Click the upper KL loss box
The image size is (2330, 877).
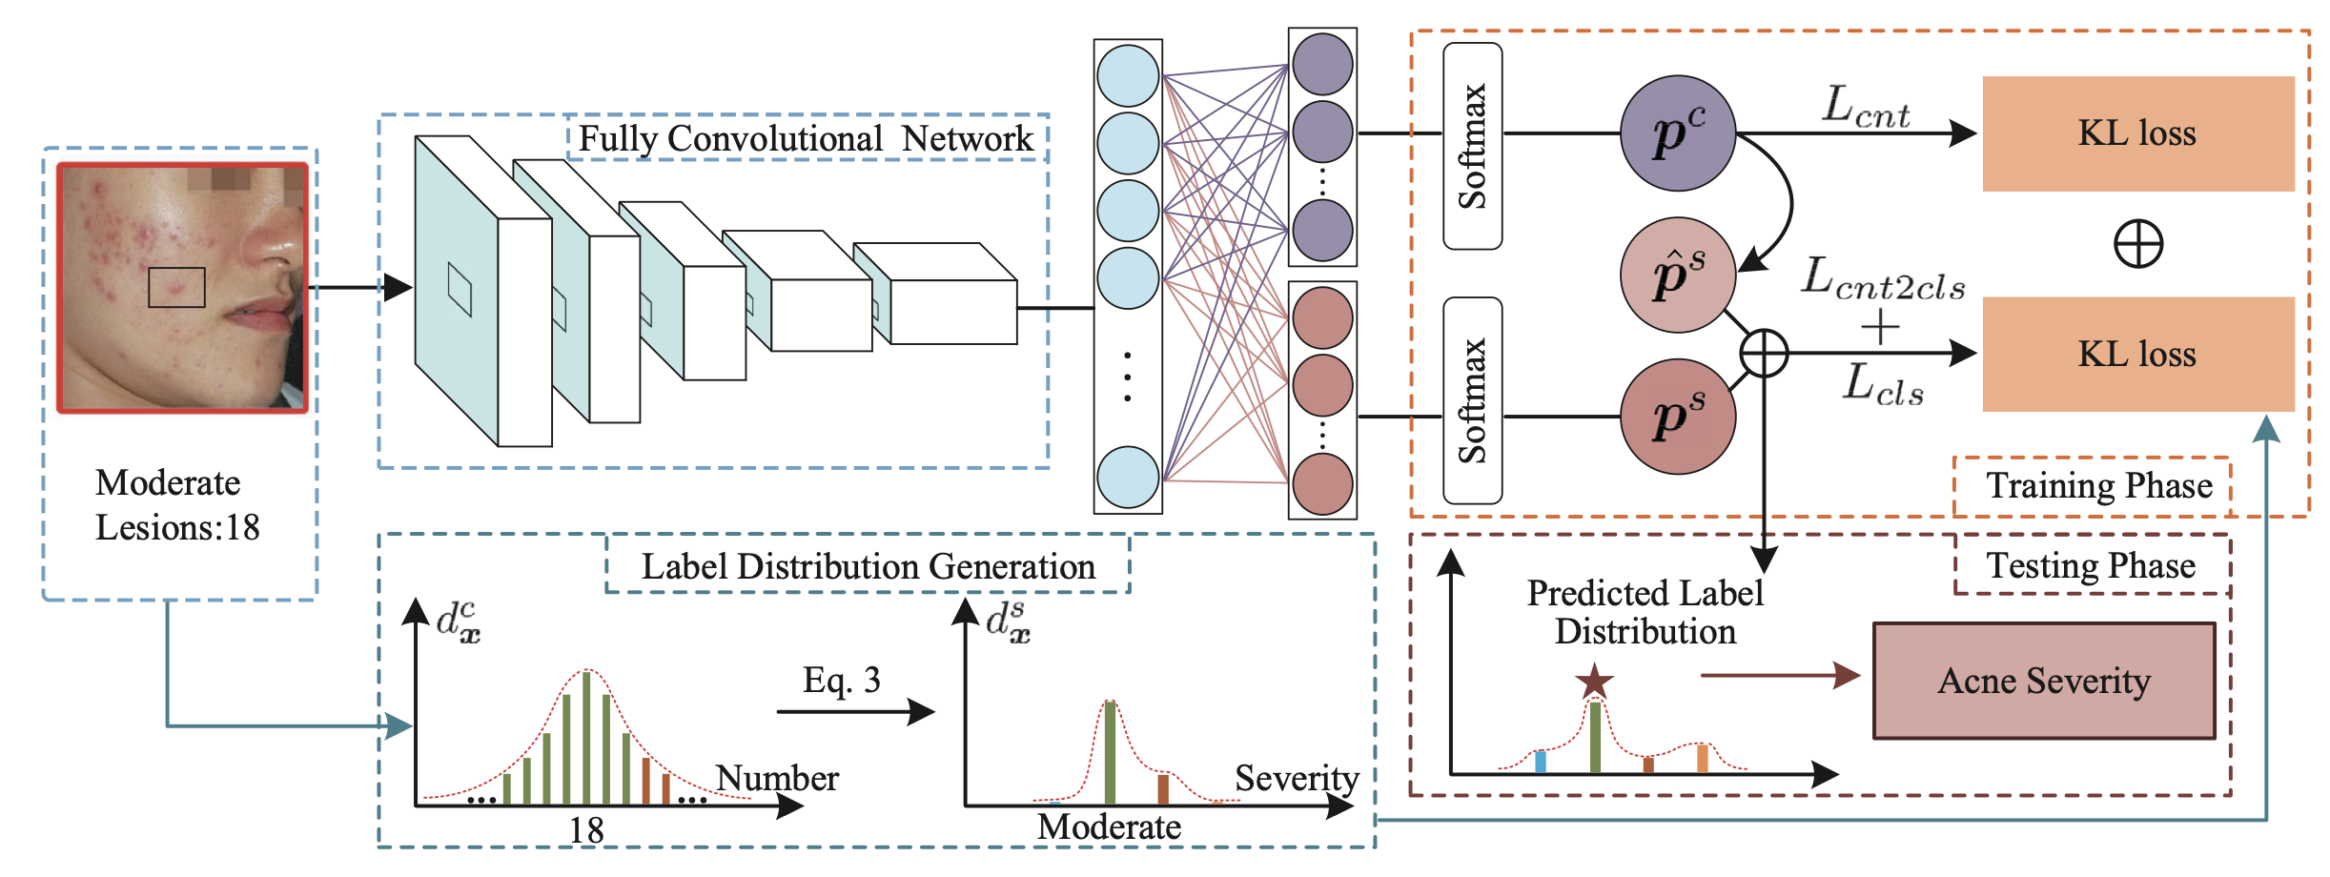tap(2137, 133)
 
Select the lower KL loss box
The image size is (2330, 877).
tap(2137, 354)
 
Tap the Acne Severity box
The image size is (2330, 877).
tap(2044, 681)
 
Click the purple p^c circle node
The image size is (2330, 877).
tap(1678, 133)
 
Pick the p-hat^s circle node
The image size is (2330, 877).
tap(1678, 275)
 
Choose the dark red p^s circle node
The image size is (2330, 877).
tap(1678, 417)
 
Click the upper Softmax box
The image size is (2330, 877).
tap(1473, 146)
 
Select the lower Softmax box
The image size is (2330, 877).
tap(1473, 400)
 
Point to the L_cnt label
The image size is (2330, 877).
tap(1866, 107)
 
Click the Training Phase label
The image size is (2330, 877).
tap(2098, 485)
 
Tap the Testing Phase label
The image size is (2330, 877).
tap(2091, 565)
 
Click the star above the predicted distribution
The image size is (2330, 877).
tap(1594, 682)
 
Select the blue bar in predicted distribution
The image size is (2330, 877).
tap(1540, 762)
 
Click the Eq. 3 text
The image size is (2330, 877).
tap(841, 680)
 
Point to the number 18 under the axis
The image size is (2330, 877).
tap(586, 830)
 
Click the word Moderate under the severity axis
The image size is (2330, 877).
tap(1109, 826)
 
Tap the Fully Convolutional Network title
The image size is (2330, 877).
tap(806, 138)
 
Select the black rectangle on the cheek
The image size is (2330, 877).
tap(176, 287)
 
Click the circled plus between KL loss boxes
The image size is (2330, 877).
tap(2138, 244)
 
